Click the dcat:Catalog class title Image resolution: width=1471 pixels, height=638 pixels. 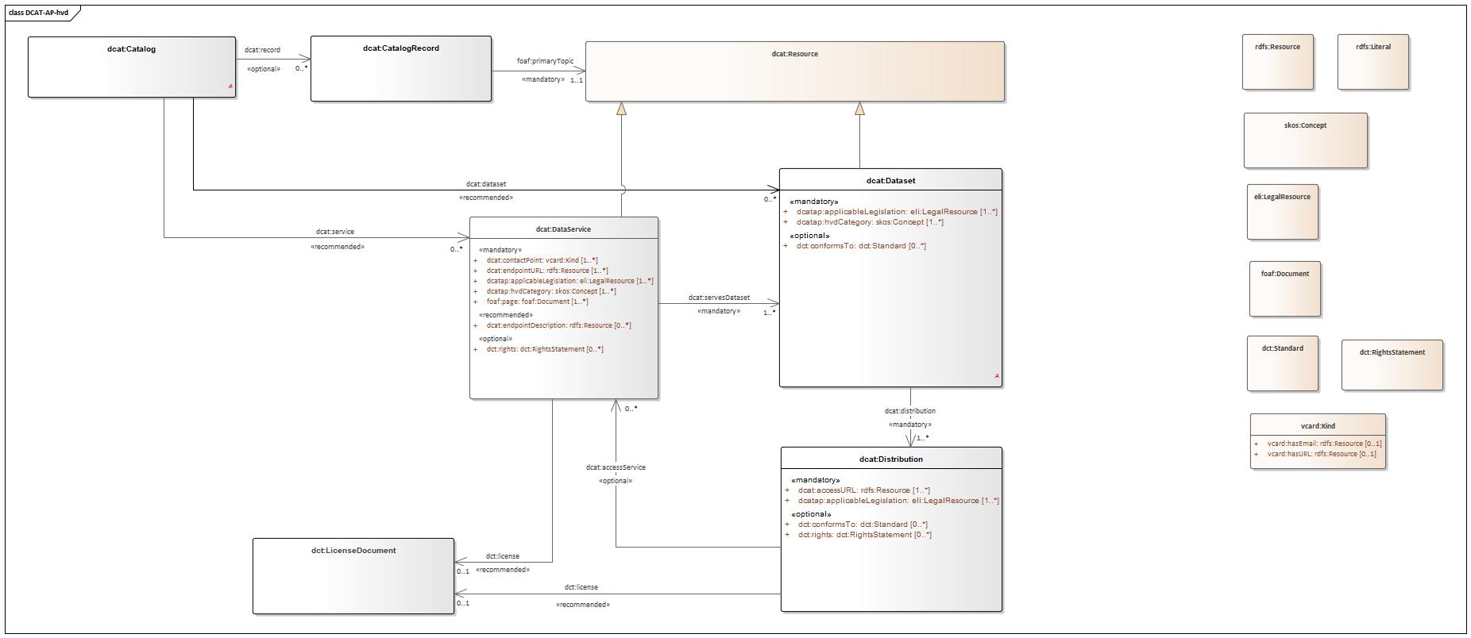[131, 49]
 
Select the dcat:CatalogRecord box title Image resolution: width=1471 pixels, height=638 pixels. [400, 48]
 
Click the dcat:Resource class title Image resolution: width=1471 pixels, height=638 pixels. [794, 54]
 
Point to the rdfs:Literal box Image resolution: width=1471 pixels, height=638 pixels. [1373, 61]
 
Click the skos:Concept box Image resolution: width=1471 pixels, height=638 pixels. [1305, 140]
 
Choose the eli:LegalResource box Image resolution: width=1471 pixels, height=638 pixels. [1282, 211]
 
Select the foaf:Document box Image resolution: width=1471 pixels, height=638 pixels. [1284, 288]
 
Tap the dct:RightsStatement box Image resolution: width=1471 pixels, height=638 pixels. [1392, 364]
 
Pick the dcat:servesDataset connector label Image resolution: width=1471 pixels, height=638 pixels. [718, 298]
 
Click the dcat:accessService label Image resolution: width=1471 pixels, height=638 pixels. [615, 467]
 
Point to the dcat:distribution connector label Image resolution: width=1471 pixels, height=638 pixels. [909, 411]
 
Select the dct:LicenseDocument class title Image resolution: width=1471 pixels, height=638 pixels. [353, 550]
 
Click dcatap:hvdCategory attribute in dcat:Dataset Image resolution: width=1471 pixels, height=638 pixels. [870, 222]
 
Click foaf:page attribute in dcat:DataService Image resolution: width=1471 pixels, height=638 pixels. [537, 302]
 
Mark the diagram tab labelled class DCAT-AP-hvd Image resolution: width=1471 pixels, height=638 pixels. [38, 13]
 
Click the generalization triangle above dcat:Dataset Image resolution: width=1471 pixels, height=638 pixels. [859, 109]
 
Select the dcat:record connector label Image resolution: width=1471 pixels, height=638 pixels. [262, 50]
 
